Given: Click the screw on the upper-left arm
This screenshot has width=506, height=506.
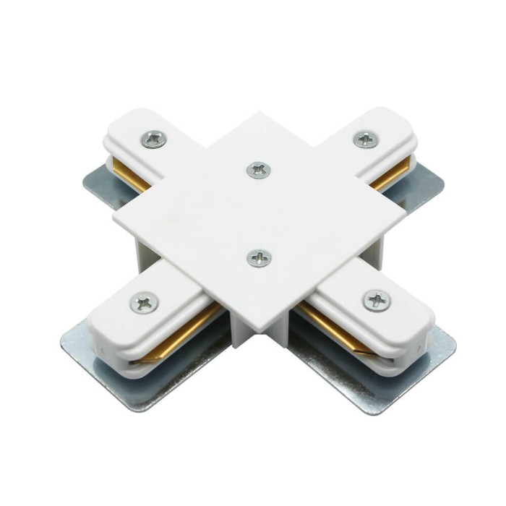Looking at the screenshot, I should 153,139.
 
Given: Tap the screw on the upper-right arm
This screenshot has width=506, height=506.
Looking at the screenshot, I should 366,138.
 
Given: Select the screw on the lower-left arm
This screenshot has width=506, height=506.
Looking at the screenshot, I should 144,302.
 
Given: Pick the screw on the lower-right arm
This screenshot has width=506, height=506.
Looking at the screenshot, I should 377,299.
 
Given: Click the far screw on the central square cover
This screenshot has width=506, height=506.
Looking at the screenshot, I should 258,170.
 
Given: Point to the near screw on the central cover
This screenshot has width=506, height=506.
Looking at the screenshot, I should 259,258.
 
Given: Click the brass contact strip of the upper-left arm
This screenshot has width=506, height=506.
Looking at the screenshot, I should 134,178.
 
